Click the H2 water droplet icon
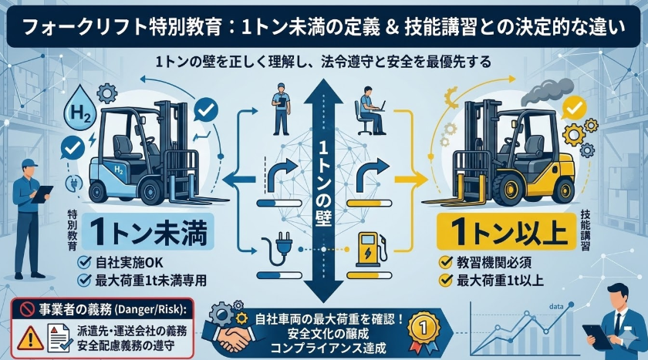(81, 106)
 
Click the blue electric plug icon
(275, 248)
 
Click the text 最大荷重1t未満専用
(152, 280)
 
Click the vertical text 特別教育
(73, 234)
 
